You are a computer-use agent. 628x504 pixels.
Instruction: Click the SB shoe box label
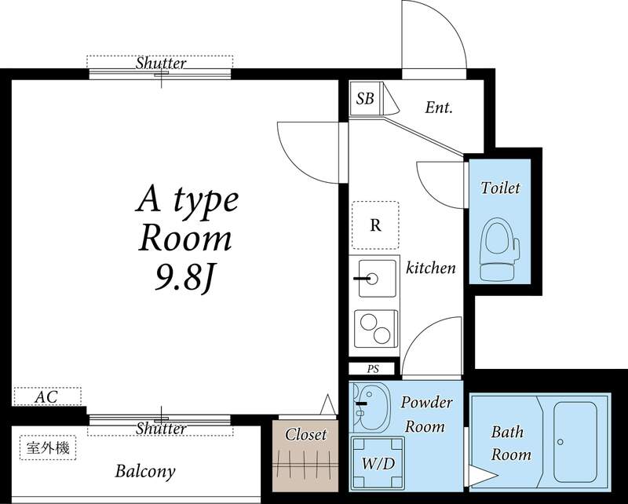click(x=365, y=98)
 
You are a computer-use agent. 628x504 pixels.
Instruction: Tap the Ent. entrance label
click(x=439, y=108)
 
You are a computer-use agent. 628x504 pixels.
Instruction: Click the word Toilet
click(x=501, y=188)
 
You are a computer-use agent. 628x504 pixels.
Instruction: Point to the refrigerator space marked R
click(x=375, y=225)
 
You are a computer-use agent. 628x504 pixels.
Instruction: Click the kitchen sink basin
click(x=377, y=279)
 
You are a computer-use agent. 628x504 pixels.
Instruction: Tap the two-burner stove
click(x=377, y=328)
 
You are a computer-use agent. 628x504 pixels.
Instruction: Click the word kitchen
click(x=431, y=268)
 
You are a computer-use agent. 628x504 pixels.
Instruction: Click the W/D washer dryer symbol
click(x=378, y=463)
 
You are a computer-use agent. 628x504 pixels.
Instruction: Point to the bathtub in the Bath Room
click(x=575, y=442)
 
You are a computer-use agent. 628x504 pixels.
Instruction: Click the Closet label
click(x=305, y=435)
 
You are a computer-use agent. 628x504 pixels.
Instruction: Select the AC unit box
click(x=48, y=396)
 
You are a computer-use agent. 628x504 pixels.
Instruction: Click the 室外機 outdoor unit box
click(x=48, y=447)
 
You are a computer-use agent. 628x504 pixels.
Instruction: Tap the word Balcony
click(x=145, y=471)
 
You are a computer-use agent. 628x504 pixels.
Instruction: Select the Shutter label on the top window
click(x=161, y=63)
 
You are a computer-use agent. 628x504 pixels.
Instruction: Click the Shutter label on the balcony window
click(x=161, y=429)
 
